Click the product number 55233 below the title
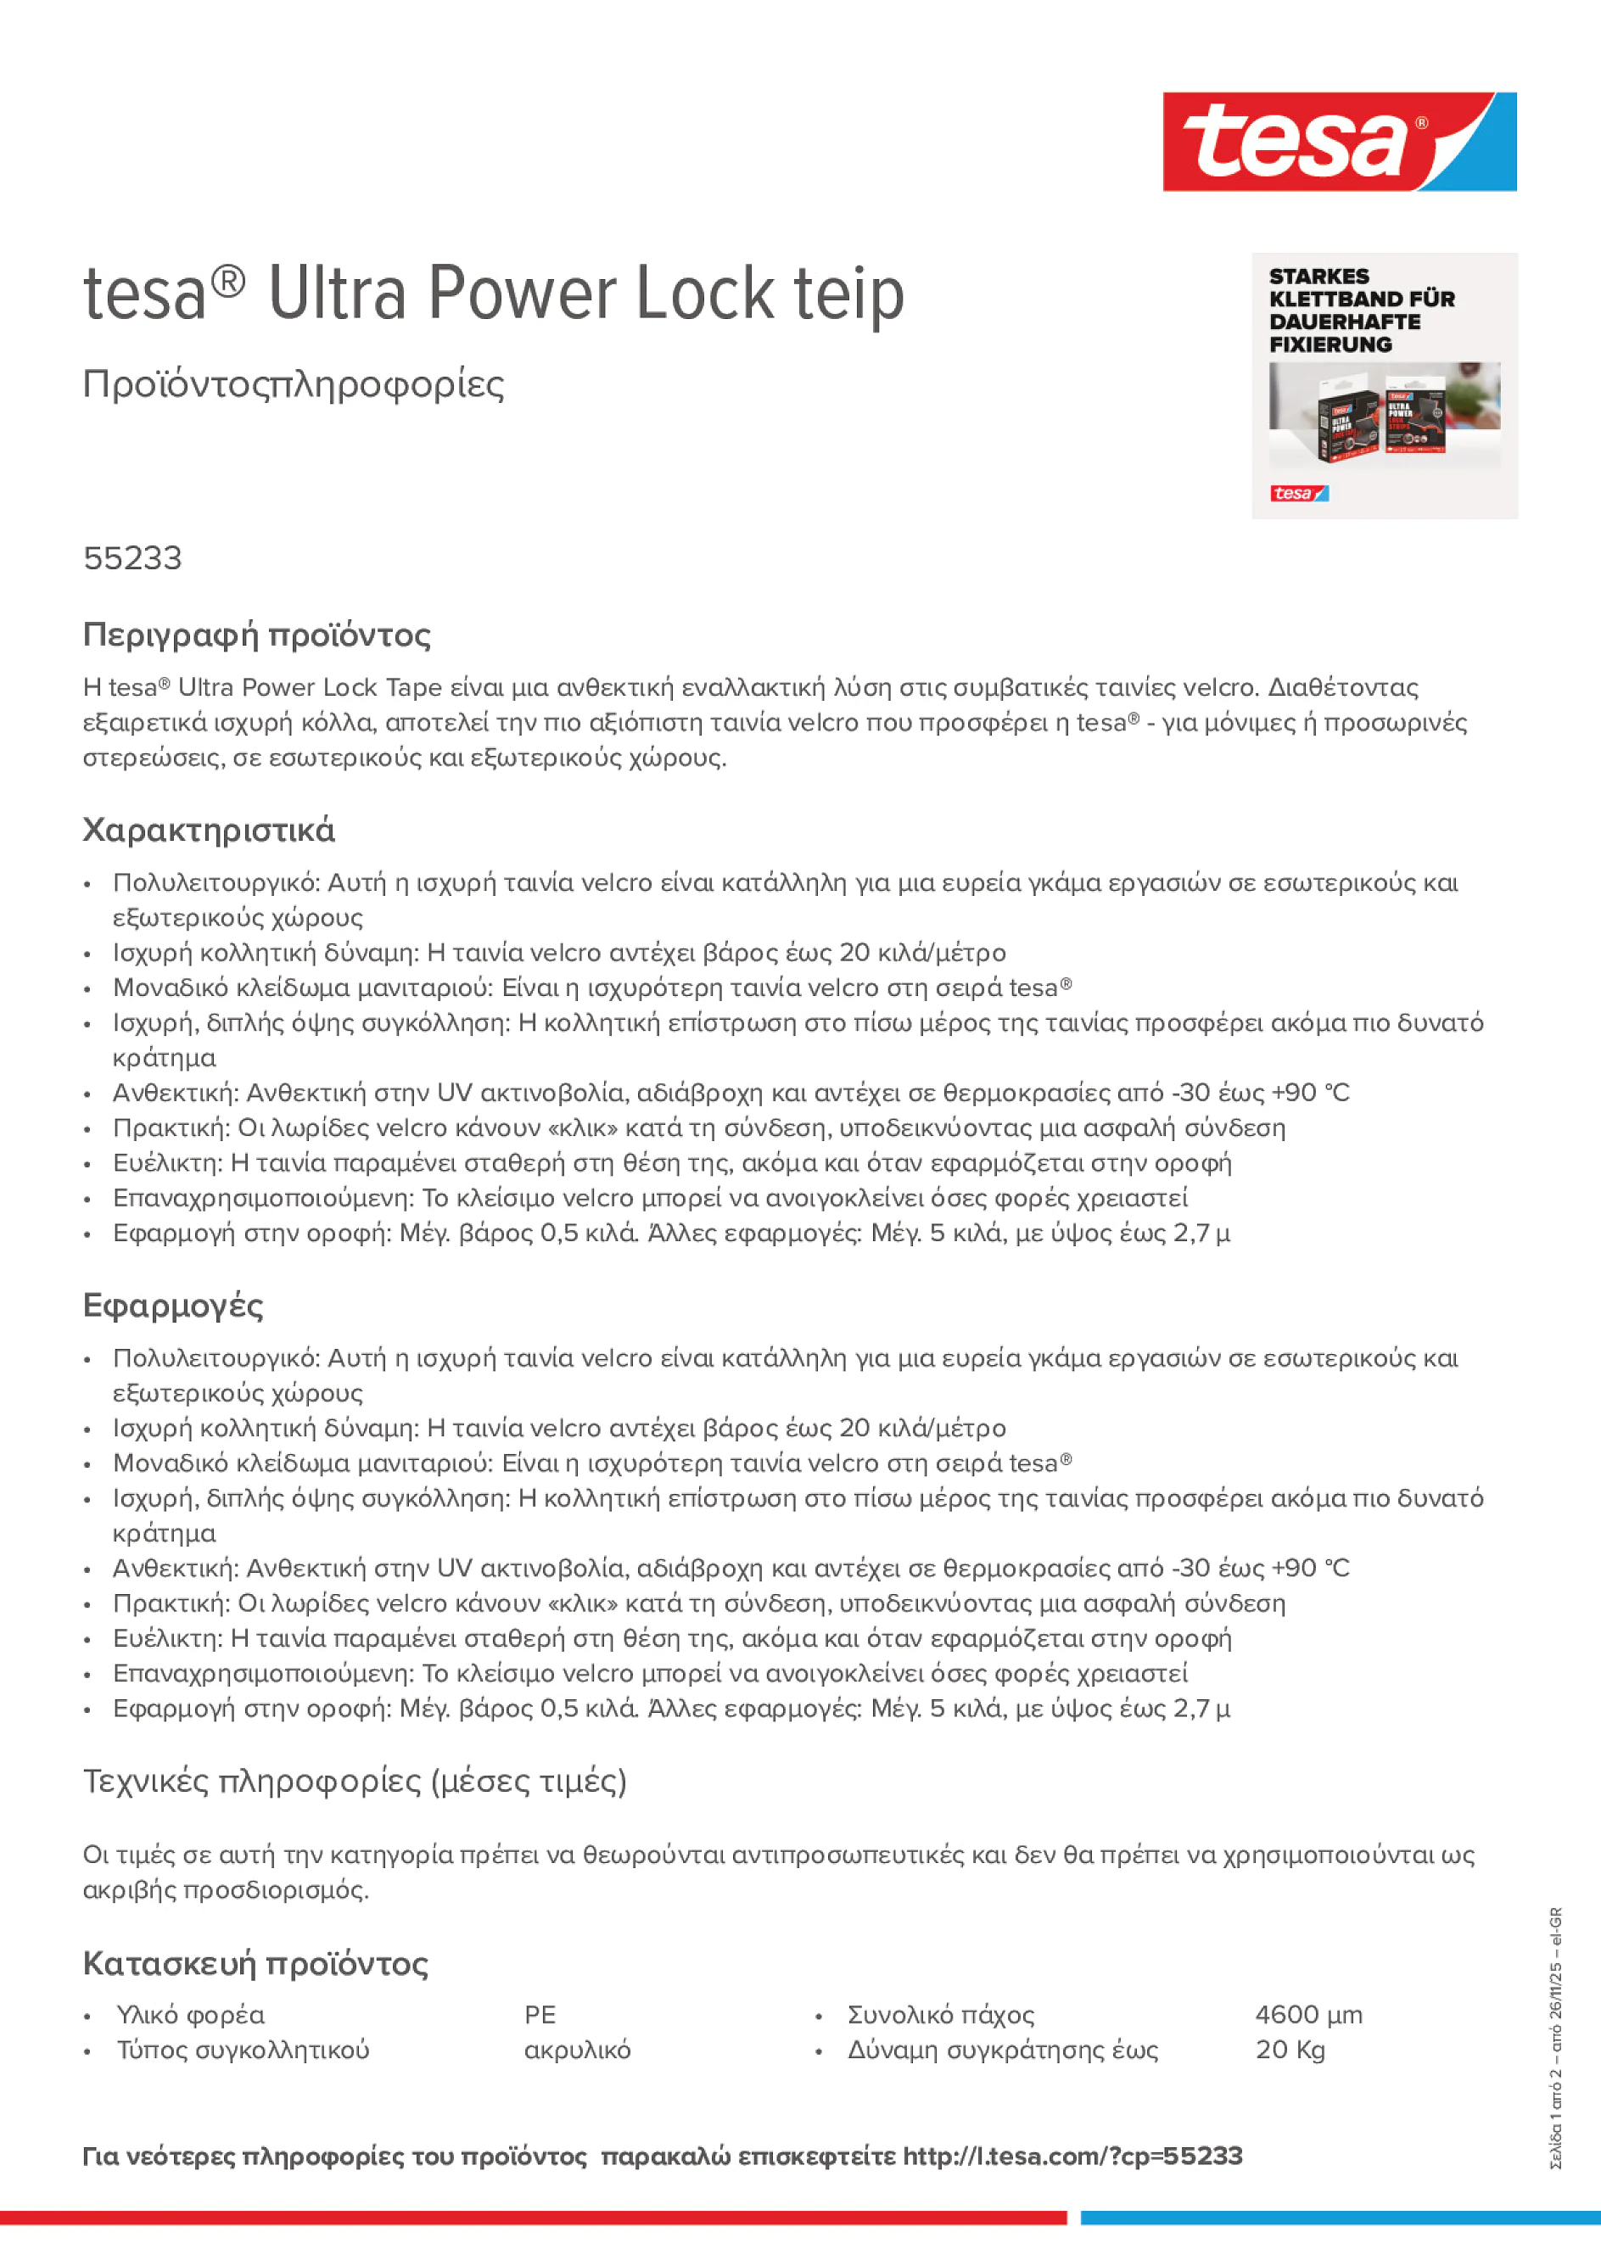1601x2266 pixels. [x=132, y=558]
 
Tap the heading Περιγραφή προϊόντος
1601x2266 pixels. [x=256, y=635]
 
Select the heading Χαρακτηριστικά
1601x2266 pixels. [x=208, y=830]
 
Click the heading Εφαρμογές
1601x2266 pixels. [x=173, y=1306]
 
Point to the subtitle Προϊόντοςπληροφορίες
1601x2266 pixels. [x=294, y=384]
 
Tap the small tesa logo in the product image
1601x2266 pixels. [x=1298, y=494]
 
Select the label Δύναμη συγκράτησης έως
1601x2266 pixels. [x=1002, y=2050]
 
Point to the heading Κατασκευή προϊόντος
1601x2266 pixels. [x=255, y=1963]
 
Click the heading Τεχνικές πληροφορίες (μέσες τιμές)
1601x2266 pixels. [x=355, y=1782]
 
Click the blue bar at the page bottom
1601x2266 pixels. [x=1340, y=2218]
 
